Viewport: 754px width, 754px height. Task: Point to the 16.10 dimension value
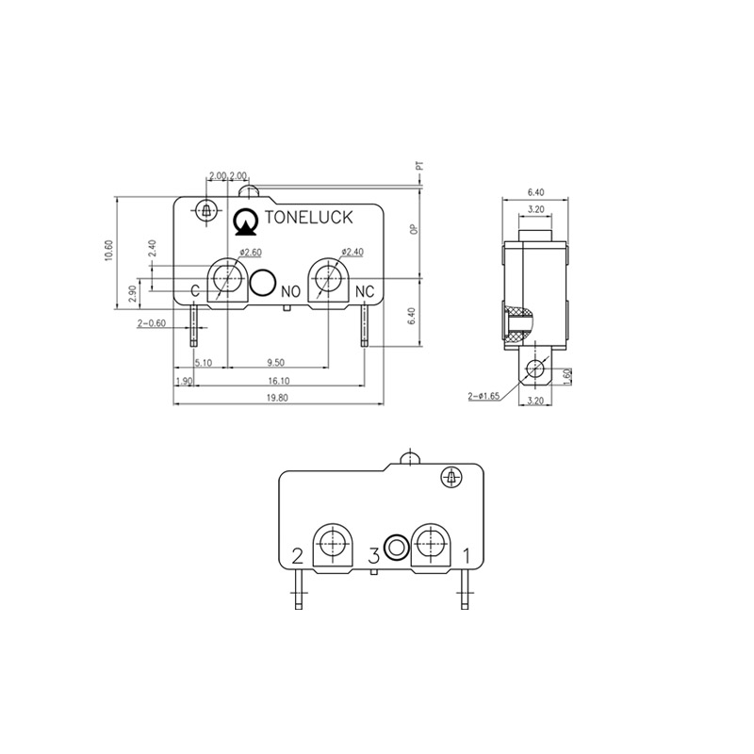click(279, 381)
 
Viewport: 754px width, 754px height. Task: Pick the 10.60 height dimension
click(108, 250)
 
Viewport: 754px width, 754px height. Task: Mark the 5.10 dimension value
click(202, 362)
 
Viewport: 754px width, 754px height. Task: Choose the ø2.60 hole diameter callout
click(250, 252)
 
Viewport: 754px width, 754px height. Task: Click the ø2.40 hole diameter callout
click(352, 252)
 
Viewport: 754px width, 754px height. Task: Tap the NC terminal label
click(366, 292)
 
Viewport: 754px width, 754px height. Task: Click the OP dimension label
click(412, 229)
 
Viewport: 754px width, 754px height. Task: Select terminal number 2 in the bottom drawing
click(298, 555)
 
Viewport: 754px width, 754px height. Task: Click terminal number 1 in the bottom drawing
click(466, 555)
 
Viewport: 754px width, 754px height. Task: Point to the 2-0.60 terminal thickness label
click(152, 322)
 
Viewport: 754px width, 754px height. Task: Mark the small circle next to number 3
click(398, 547)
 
